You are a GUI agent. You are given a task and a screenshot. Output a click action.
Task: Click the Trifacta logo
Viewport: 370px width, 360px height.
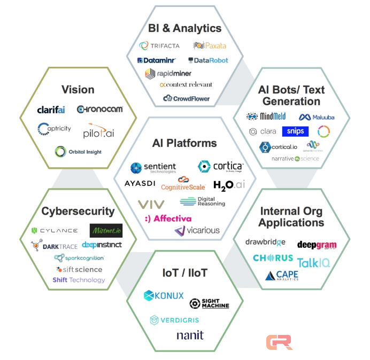pos(159,46)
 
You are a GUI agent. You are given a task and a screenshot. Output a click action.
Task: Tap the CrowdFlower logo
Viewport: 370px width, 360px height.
pos(187,98)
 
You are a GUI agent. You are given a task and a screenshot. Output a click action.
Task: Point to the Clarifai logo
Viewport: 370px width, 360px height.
pos(51,109)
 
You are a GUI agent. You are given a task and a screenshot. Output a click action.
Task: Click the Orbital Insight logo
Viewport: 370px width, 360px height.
pos(78,152)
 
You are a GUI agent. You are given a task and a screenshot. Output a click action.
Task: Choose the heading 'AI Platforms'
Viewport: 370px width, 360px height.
pos(184,143)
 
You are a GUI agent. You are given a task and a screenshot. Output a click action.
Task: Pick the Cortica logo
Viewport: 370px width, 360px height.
pos(220,167)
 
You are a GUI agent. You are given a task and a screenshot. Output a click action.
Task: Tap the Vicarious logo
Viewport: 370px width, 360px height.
pos(196,231)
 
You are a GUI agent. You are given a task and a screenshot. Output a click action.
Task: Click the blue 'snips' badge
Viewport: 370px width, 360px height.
pos(296,131)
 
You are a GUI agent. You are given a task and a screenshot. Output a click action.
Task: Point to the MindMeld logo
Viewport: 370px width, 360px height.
pos(266,116)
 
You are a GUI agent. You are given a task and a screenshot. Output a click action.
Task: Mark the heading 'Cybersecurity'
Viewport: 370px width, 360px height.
pos(78,211)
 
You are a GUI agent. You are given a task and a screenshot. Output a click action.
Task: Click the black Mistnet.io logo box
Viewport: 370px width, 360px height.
pos(106,231)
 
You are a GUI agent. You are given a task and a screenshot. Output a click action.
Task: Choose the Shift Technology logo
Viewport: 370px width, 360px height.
pos(79,280)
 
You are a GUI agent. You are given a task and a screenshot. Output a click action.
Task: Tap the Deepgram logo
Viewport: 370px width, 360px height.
pos(317,245)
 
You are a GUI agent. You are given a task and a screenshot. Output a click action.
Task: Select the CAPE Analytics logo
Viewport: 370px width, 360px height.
pos(282,276)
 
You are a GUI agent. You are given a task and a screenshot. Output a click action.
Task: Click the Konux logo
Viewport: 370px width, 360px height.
pos(164,295)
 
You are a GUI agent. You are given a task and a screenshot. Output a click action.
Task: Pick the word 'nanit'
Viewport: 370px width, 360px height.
pos(190,335)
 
